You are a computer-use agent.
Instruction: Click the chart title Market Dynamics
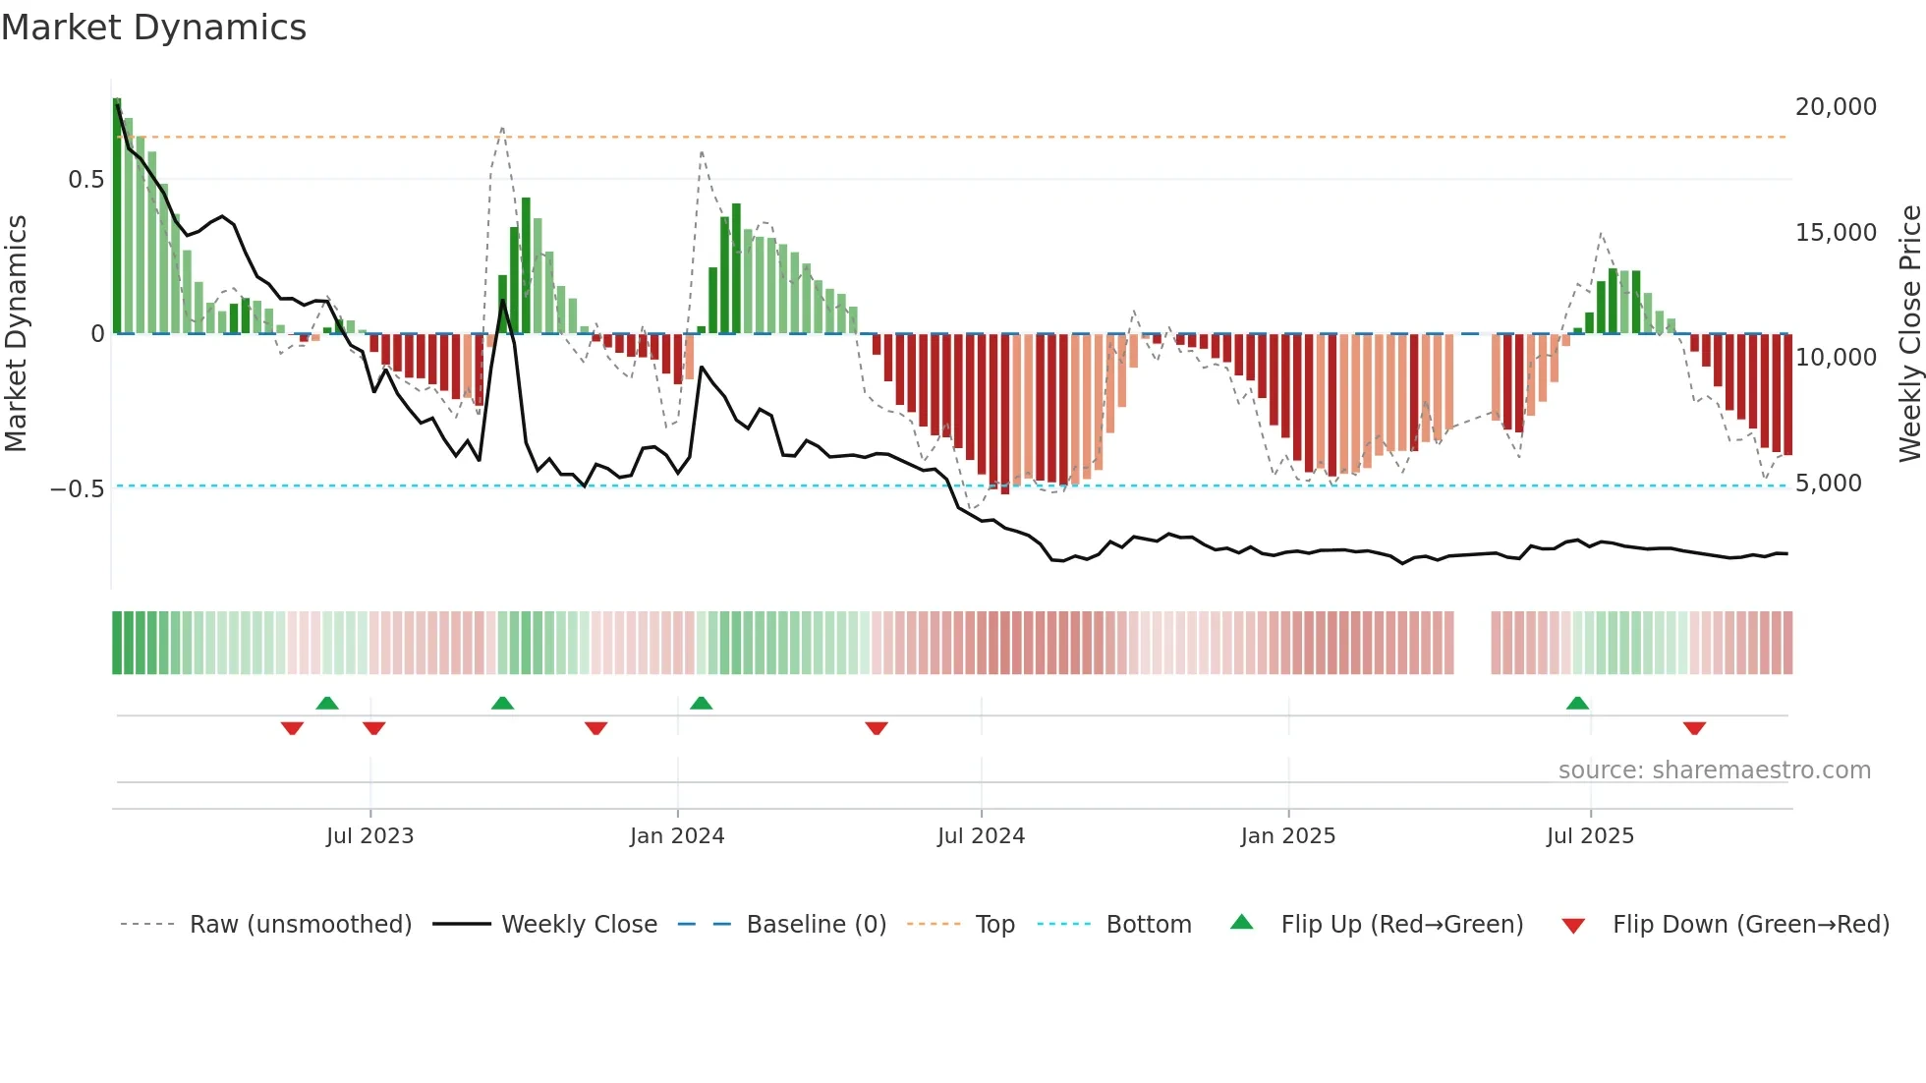click(154, 28)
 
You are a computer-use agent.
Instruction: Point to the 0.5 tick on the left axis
click(85, 180)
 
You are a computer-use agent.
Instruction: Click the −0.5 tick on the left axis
click(78, 488)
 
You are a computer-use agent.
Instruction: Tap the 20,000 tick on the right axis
click(1836, 107)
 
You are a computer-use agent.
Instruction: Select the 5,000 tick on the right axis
click(1828, 484)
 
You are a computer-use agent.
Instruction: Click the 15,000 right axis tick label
click(1836, 233)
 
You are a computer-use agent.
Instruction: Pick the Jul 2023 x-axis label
click(369, 836)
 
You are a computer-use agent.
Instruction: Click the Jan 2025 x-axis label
click(1287, 836)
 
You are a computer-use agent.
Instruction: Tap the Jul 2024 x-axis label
click(981, 836)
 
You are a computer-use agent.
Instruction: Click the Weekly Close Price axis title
click(1909, 334)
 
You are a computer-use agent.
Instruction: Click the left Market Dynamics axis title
click(17, 334)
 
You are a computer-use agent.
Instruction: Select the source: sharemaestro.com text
click(1714, 770)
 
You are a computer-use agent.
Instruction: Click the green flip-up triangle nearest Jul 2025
click(1577, 704)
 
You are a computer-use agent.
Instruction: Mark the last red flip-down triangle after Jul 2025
click(1694, 728)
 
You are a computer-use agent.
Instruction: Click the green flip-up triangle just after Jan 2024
click(701, 704)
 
